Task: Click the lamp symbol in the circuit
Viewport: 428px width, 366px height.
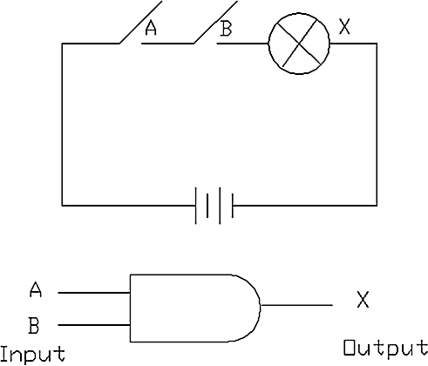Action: pyautogui.click(x=299, y=44)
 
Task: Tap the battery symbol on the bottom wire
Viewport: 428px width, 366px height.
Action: pyautogui.click(x=214, y=206)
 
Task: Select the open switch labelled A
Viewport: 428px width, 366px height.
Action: pyautogui.click(x=140, y=22)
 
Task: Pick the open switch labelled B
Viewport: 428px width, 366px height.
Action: pyautogui.click(x=215, y=22)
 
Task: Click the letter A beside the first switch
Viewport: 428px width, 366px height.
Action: pyautogui.click(x=151, y=28)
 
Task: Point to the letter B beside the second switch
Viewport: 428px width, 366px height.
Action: pyautogui.click(x=226, y=28)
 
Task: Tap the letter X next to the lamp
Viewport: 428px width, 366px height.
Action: pyautogui.click(x=344, y=27)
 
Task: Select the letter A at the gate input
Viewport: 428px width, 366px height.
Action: pyautogui.click(x=36, y=289)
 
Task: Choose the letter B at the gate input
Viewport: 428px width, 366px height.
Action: pyautogui.click(x=34, y=325)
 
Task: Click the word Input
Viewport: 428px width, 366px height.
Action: pyautogui.click(x=32, y=354)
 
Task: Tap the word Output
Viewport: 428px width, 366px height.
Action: pyautogui.click(x=385, y=348)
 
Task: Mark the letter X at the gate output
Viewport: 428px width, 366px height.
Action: pyautogui.click(x=363, y=300)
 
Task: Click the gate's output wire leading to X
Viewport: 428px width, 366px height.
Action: pyautogui.click(x=296, y=305)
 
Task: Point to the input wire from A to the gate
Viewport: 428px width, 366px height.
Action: pyautogui.click(x=94, y=293)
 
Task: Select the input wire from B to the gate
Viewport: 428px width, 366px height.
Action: pyautogui.click(x=94, y=325)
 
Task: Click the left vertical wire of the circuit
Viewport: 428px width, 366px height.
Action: pyautogui.click(x=62, y=125)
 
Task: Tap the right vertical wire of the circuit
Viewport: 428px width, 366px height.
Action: pyautogui.click(x=377, y=125)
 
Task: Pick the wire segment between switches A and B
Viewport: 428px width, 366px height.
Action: pyautogui.click(x=167, y=44)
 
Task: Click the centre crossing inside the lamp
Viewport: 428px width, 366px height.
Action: pyautogui.click(x=299, y=44)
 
